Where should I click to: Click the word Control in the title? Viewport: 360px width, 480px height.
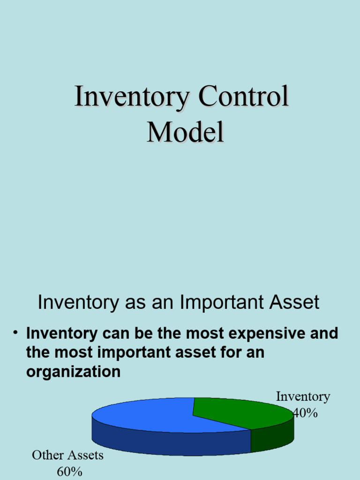(x=243, y=97)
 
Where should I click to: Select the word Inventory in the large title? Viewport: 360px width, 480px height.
(x=132, y=97)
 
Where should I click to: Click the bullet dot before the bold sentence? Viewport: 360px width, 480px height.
(x=15, y=333)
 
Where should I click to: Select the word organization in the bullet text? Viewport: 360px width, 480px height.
(x=74, y=372)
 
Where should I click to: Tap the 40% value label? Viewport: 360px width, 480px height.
(x=305, y=413)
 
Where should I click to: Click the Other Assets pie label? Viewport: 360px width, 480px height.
(x=67, y=455)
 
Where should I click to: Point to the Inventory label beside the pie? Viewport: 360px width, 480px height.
(x=303, y=397)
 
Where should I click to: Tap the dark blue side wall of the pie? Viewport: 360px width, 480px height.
(x=164, y=443)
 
